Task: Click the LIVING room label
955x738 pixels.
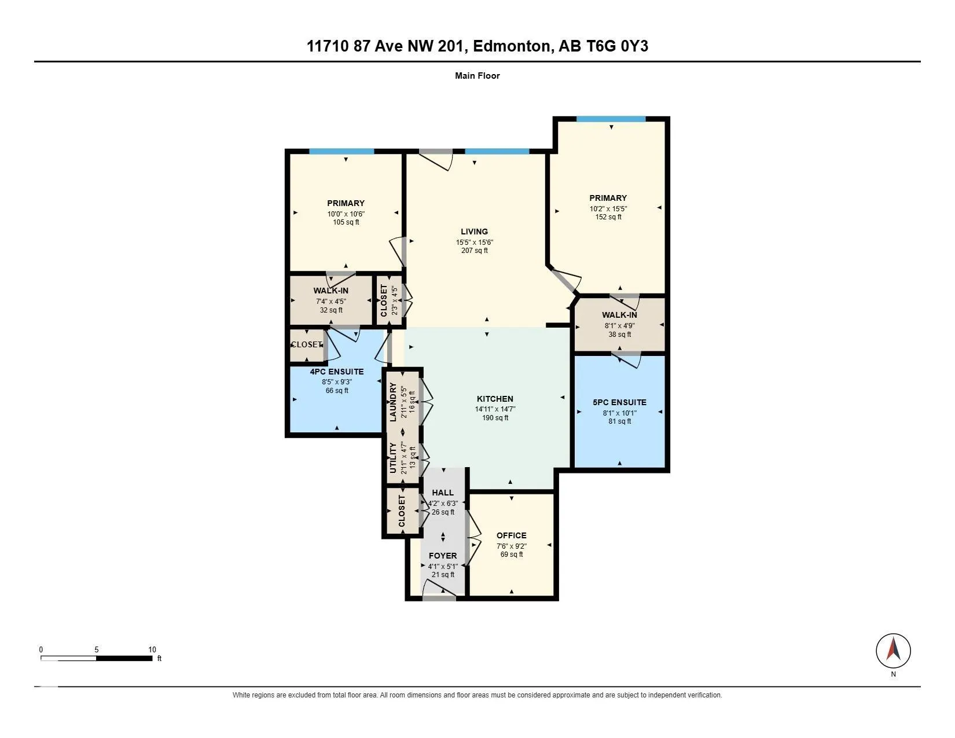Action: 474,232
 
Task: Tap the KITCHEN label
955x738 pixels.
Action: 495,399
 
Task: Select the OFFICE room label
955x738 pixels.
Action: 511,535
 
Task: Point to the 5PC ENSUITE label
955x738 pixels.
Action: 619,402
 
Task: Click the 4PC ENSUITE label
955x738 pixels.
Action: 337,372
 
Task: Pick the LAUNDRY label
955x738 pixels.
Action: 393,402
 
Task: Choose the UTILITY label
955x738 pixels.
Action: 393,458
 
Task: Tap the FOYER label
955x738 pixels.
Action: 443,556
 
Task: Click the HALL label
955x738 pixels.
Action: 443,493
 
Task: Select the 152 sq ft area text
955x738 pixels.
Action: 608,216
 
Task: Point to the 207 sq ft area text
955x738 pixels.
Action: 474,251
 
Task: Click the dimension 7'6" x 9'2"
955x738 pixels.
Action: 512,546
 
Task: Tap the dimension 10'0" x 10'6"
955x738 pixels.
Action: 346,214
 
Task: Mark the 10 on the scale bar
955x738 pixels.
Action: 152,649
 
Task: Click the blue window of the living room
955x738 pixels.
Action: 497,152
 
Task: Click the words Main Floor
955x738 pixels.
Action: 477,76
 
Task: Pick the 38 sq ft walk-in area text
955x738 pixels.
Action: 620,335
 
